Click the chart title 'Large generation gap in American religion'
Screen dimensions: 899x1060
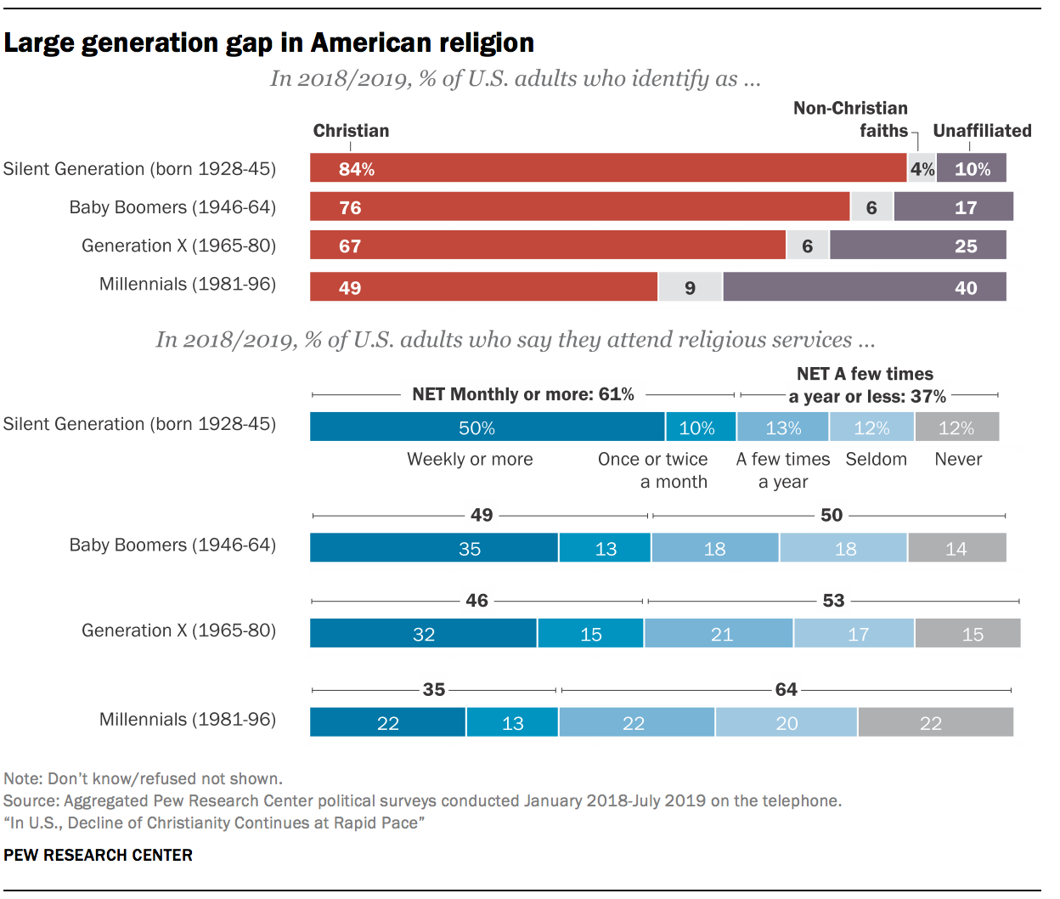269,42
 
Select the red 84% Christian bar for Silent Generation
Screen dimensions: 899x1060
608,168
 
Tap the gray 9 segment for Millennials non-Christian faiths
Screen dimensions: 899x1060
690,287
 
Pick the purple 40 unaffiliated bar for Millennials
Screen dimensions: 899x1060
865,287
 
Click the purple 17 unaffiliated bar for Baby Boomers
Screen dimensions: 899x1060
953,206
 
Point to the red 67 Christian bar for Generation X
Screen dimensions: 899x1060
548,246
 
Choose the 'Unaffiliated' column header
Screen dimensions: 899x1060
982,131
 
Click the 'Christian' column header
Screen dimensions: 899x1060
351,131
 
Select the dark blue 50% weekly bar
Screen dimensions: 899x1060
487,427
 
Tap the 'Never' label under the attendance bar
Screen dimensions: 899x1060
958,460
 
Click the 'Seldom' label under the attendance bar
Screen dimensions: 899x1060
876,460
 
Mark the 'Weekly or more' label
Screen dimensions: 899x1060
470,460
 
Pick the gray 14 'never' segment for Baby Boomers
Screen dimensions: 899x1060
956,548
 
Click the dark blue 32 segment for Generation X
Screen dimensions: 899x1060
423,634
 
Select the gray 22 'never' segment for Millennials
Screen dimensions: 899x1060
935,723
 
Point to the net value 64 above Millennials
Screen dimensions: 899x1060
786,689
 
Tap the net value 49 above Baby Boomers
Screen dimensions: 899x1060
482,515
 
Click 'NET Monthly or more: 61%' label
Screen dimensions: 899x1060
522,394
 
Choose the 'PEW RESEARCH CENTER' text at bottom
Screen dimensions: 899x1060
99,855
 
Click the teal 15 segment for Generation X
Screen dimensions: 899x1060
590,634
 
